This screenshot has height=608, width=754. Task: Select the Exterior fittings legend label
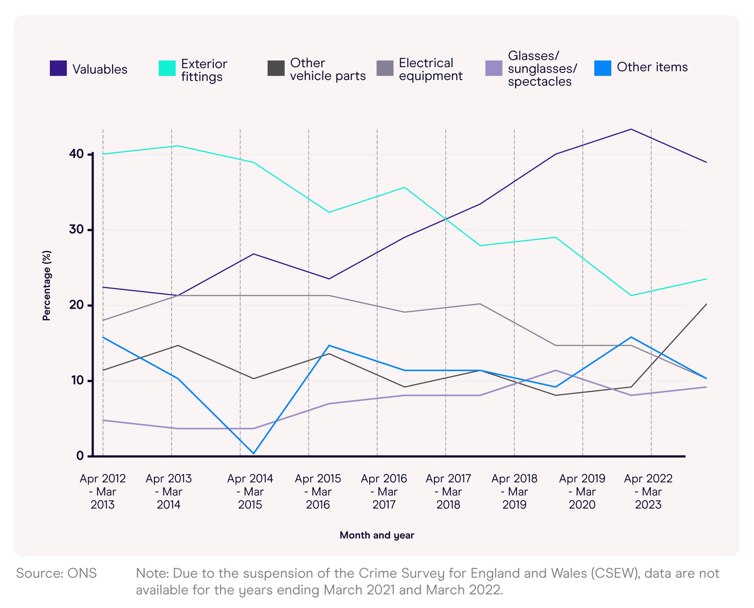coord(204,70)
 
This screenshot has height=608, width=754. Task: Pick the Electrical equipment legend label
coord(430,69)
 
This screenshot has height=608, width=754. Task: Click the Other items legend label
coord(652,67)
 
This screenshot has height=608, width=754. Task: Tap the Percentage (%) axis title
coord(47,285)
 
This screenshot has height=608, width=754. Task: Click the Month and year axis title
coord(377,535)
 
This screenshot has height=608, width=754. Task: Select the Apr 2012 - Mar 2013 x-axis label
coord(103,491)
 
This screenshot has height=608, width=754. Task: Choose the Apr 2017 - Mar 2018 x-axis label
coord(448,491)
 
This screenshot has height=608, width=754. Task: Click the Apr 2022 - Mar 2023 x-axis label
coord(648,491)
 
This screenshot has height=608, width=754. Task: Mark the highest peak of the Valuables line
coord(631,129)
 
